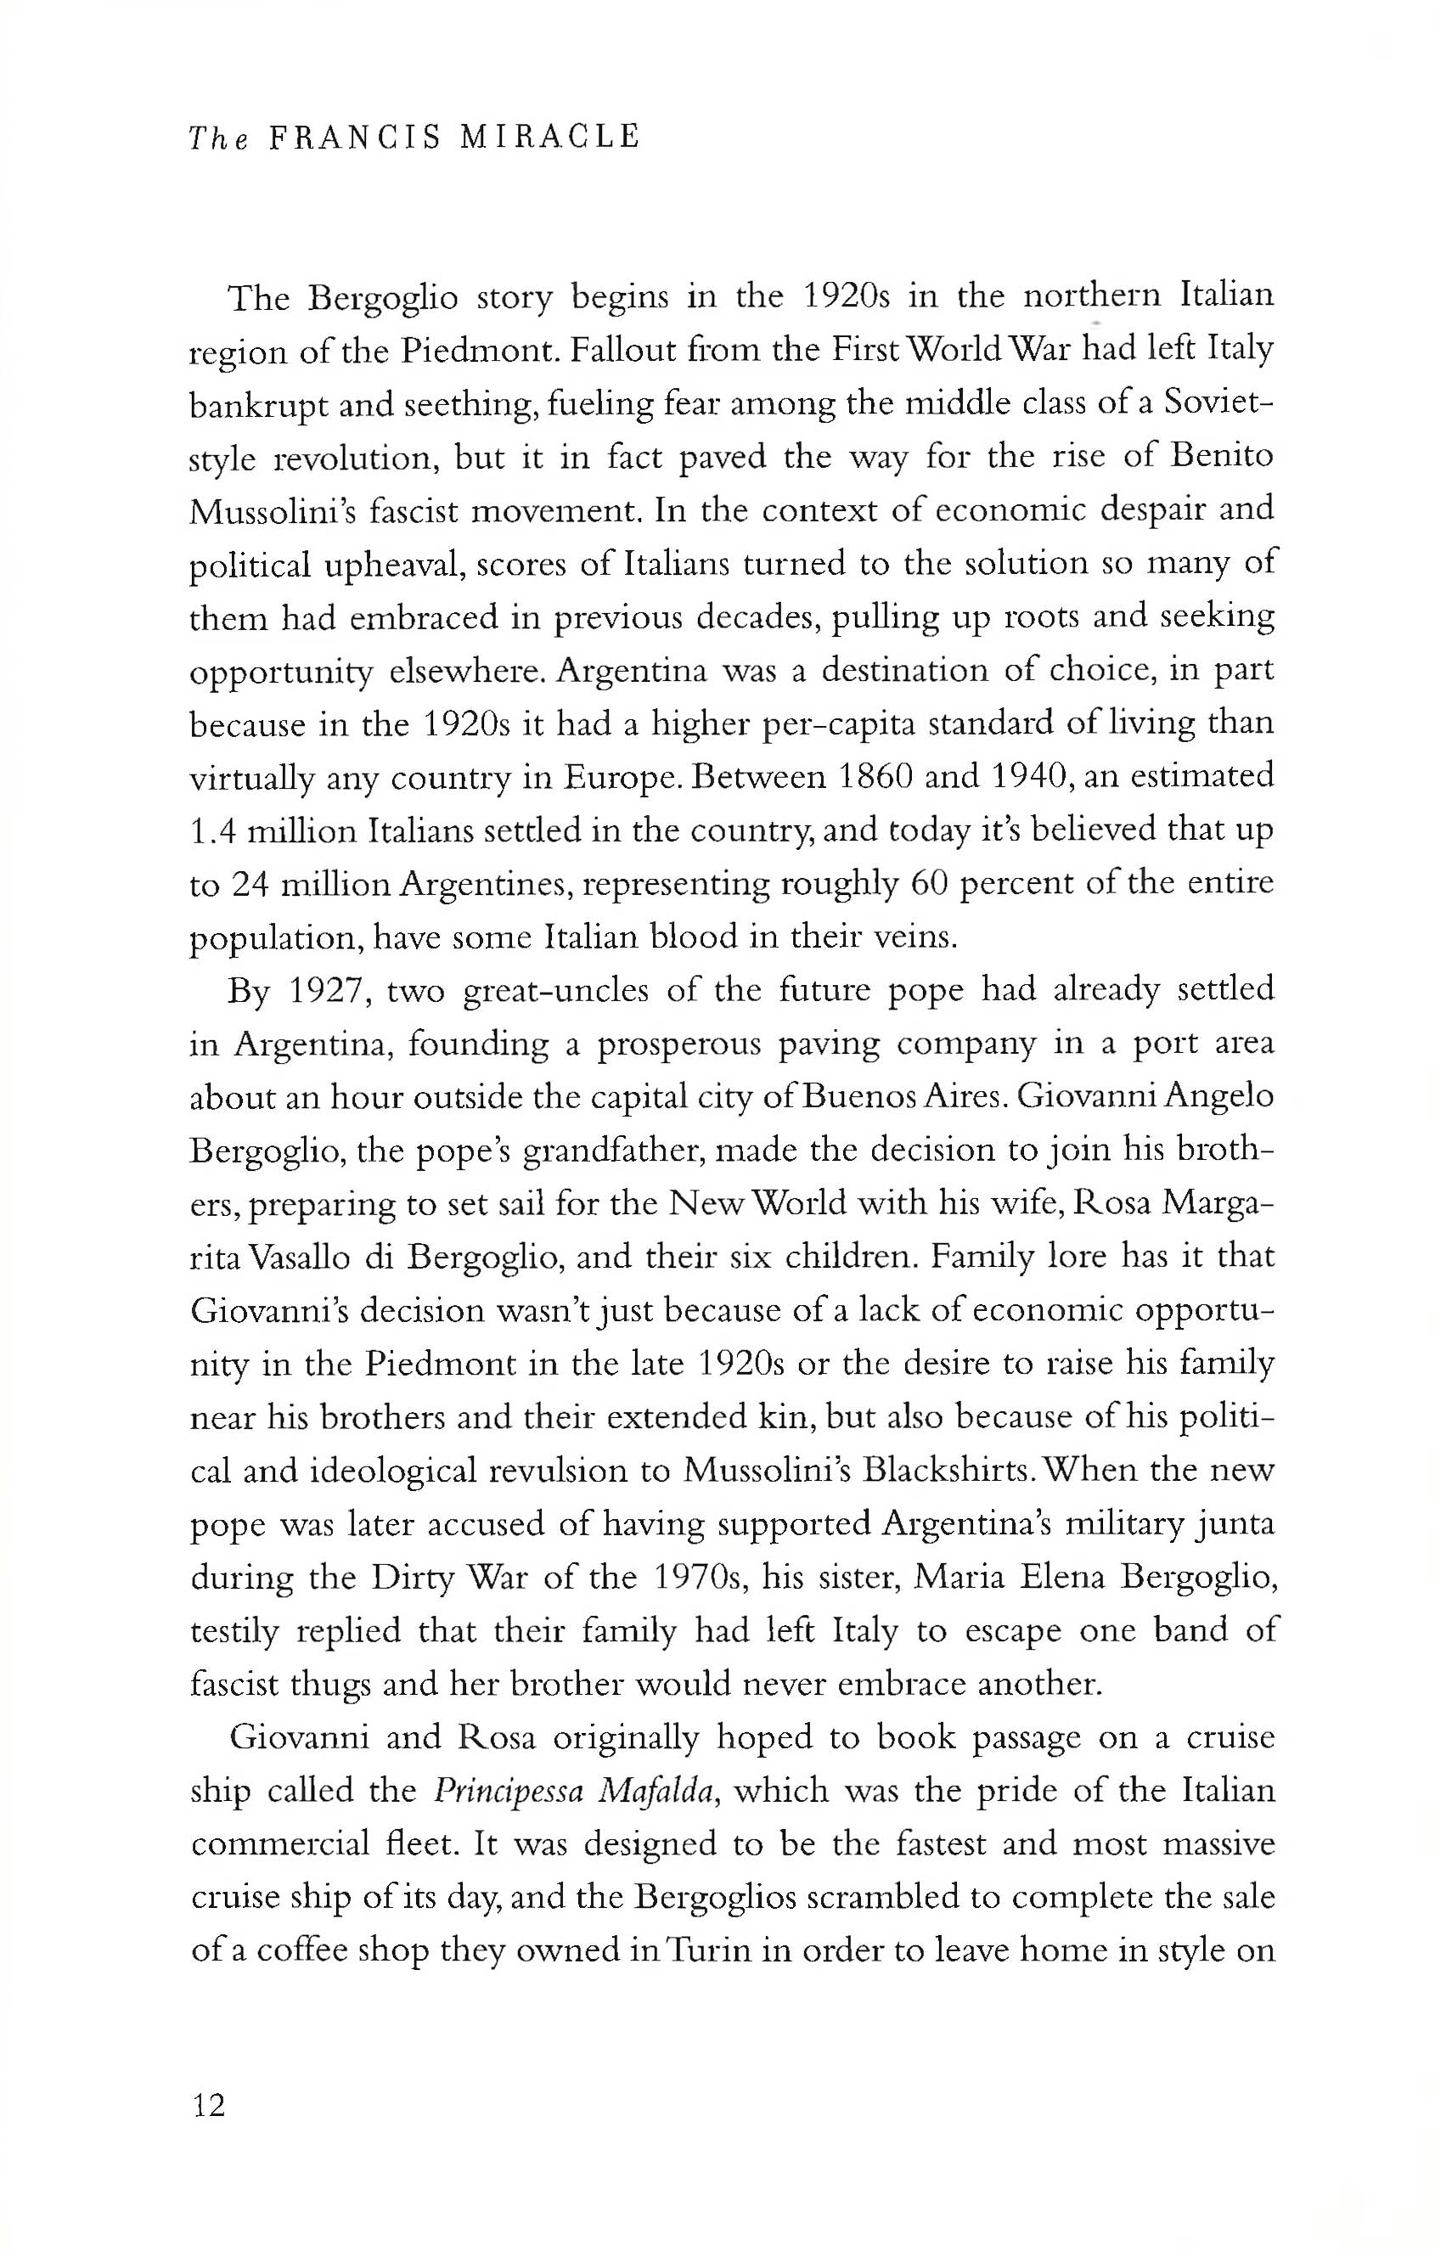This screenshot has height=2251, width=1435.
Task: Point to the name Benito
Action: (1223, 457)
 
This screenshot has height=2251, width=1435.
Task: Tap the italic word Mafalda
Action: (663, 1792)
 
